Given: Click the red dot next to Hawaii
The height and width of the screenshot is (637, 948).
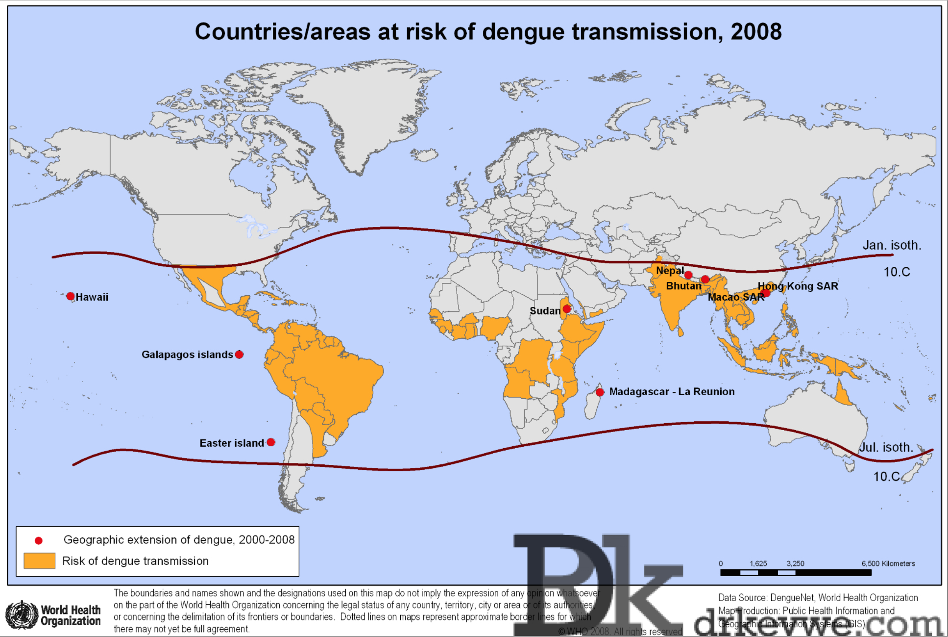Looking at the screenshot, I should tap(71, 296).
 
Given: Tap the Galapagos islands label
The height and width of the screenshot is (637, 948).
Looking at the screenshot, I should tap(187, 355).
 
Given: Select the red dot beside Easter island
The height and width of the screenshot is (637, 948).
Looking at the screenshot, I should tap(271, 442).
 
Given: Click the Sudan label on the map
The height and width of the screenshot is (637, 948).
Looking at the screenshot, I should tap(545, 311).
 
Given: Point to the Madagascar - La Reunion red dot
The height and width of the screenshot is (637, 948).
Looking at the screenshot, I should tap(600, 392).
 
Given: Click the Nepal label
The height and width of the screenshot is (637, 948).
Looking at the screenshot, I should tap(670, 271).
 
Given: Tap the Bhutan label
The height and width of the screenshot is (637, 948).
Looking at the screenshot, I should tap(683, 286).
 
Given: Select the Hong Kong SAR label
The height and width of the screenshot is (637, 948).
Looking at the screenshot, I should tap(798, 286).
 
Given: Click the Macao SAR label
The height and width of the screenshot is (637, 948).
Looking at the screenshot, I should tap(736, 297).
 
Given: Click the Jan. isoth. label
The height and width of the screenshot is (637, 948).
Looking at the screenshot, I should tap(892, 245).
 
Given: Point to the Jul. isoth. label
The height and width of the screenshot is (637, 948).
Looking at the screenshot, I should tap(886, 447).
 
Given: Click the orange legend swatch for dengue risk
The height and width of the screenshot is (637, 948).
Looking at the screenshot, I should tap(39, 561).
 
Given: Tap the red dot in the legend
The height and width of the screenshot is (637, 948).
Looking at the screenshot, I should tap(39, 540).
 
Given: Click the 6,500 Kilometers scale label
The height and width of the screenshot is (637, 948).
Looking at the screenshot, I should tap(888, 563).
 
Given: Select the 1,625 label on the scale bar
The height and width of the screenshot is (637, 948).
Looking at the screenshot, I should tap(758, 563).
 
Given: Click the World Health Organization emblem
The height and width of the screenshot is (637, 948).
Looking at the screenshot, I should tap(22, 615).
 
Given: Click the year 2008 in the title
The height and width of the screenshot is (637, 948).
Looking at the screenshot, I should tap(756, 32).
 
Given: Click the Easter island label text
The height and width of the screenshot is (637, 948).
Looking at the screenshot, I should tap(232, 443).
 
